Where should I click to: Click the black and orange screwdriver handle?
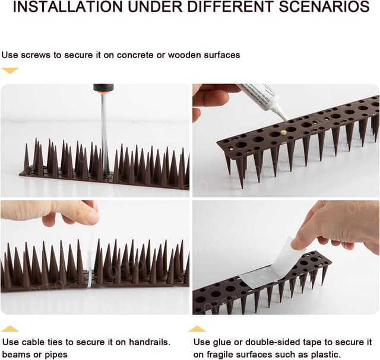click(x=103, y=88)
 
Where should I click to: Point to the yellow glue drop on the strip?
click(x=284, y=132)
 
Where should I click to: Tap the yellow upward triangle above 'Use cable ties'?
click(x=9, y=329)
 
